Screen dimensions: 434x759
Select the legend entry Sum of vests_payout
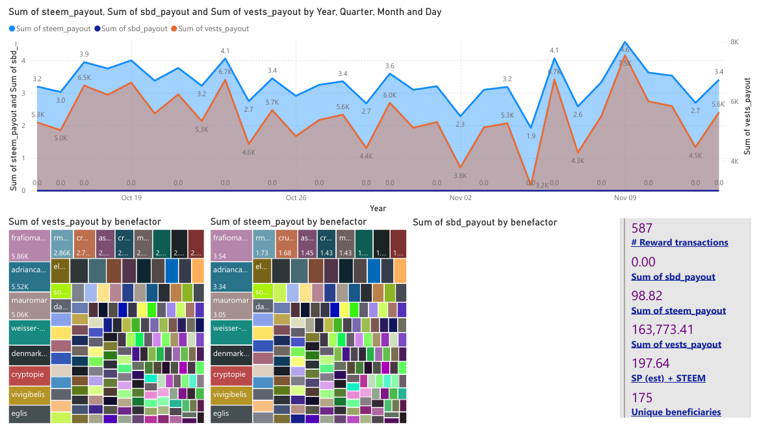[x=213, y=29]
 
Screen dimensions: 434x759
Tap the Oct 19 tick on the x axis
[x=131, y=198]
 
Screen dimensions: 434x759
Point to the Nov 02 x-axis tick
[x=461, y=198]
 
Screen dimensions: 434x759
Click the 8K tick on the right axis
[x=736, y=42]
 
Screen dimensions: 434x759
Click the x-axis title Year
[x=378, y=209]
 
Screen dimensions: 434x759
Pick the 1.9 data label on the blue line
[x=531, y=136]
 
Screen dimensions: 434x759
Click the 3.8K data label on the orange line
[x=460, y=175]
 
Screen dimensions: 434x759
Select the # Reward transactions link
[x=680, y=243]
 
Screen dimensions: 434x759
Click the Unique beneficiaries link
[x=676, y=412]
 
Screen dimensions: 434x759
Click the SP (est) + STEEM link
[x=668, y=378]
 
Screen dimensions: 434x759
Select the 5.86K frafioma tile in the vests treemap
[x=30, y=244]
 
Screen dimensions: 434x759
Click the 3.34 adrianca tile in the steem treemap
[x=231, y=276]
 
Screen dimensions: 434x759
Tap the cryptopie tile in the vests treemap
[x=30, y=375]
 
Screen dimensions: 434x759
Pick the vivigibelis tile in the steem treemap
[x=231, y=395]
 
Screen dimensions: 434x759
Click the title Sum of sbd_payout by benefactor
[x=485, y=222]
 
